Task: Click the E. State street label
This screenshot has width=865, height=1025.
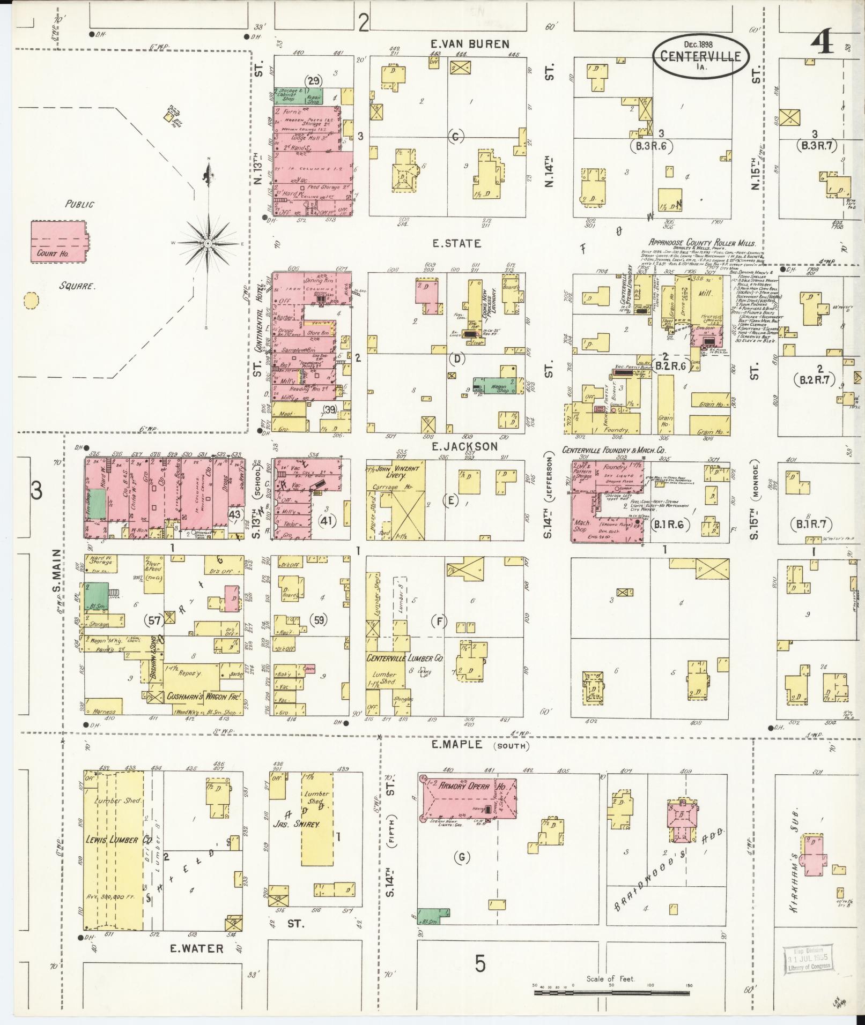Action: [456, 244]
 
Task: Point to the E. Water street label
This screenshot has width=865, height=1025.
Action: [196, 948]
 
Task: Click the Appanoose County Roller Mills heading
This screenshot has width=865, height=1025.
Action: [702, 243]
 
